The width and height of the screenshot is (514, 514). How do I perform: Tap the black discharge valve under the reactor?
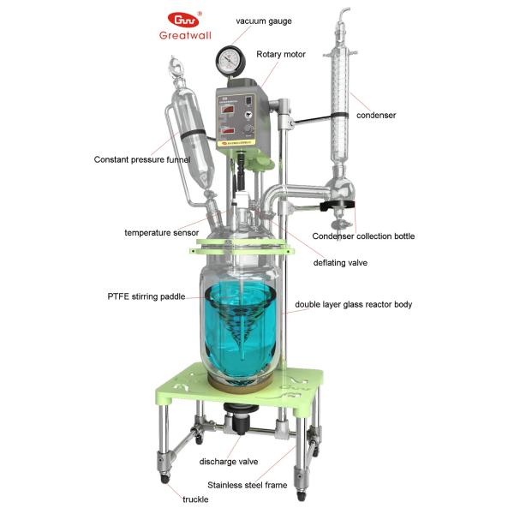(x=236, y=423)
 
